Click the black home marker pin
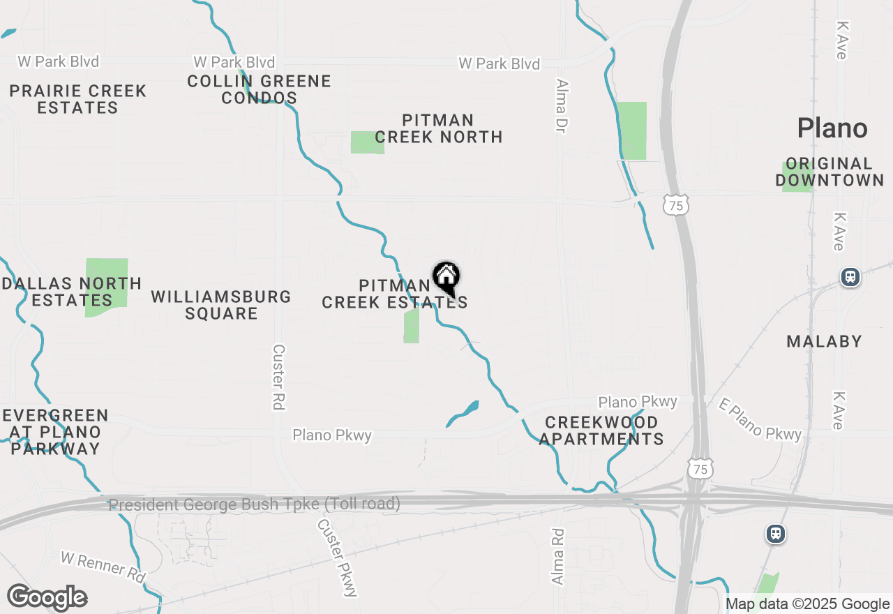click(446, 278)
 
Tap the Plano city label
click(832, 128)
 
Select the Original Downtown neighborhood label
click(830, 172)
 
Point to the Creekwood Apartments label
click(601, 431)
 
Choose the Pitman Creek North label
click(438, 129)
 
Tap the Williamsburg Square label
click(221, 305)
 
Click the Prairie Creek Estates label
click(78, 99)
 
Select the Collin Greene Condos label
click(259, 89)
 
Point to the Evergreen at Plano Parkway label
click(56, 432)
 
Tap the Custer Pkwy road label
click(338, 557)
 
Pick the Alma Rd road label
click(557, 555)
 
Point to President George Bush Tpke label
click(255, 504)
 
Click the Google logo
click(47, 597)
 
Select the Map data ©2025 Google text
click(807, 604)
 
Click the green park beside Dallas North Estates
click(107, 272)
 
